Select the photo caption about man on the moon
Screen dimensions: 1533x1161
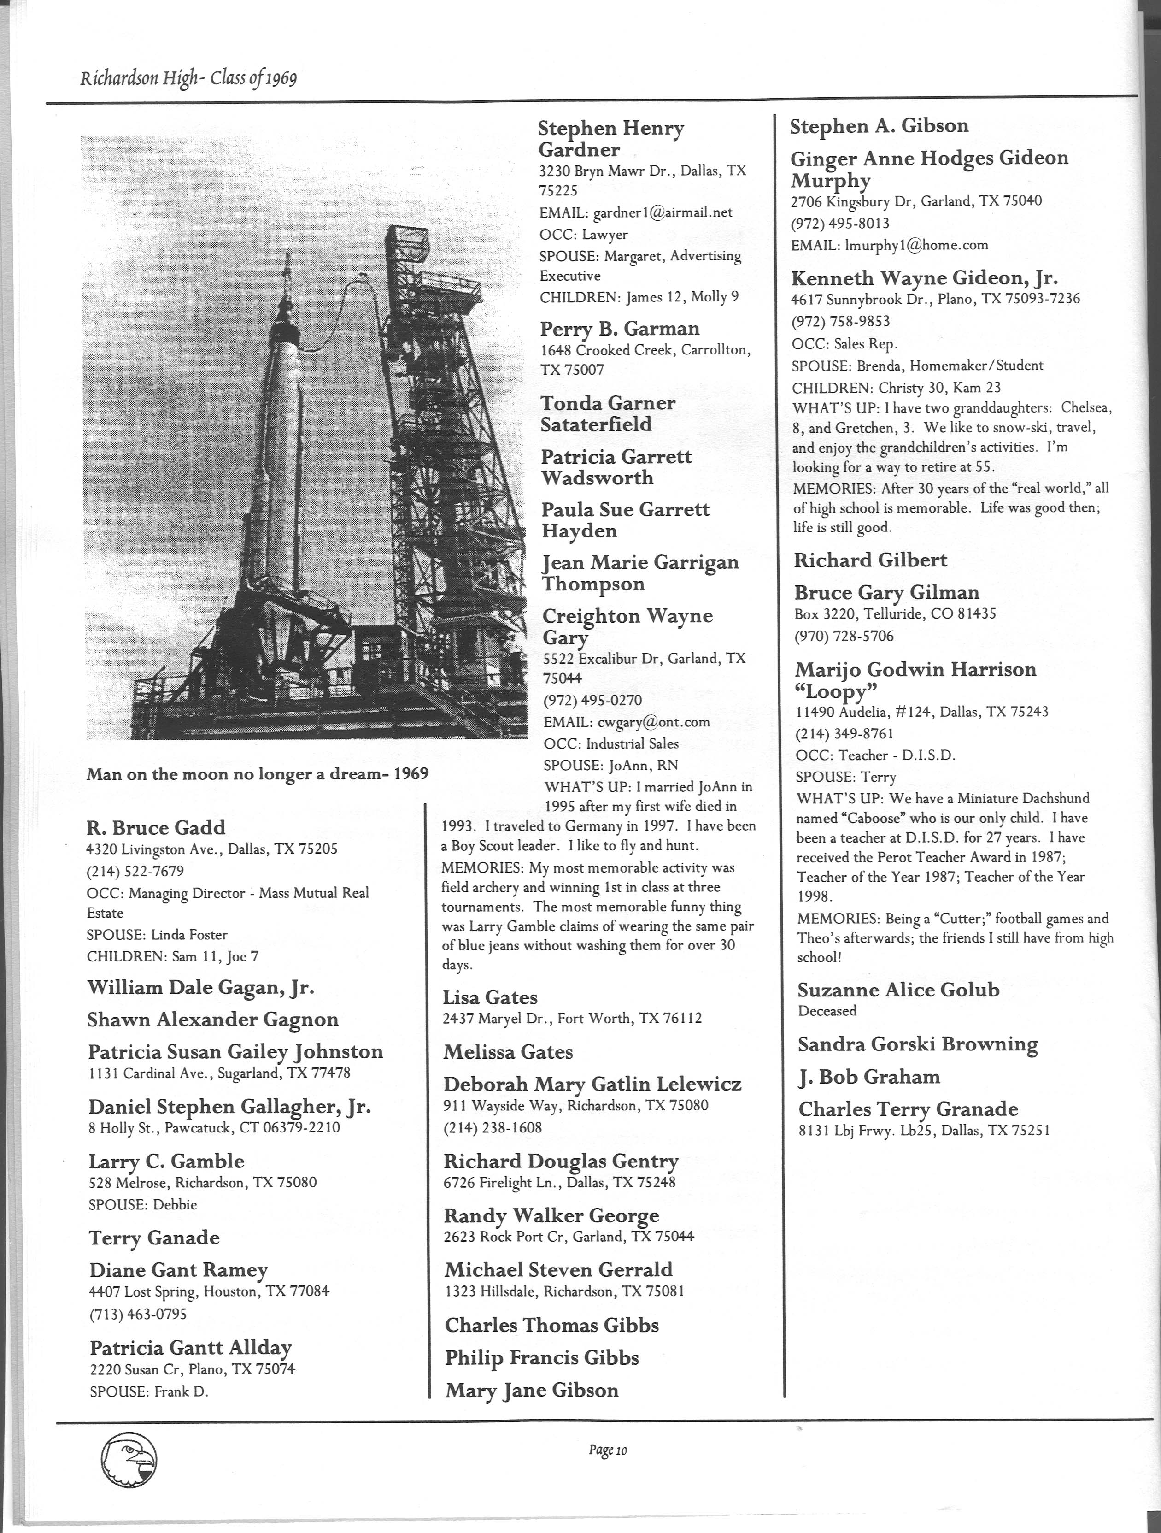(257, 774)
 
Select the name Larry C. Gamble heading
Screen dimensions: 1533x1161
(166, 1161)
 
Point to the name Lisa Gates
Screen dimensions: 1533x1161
(491, 997)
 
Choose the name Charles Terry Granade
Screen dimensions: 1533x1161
(908, 1109)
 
